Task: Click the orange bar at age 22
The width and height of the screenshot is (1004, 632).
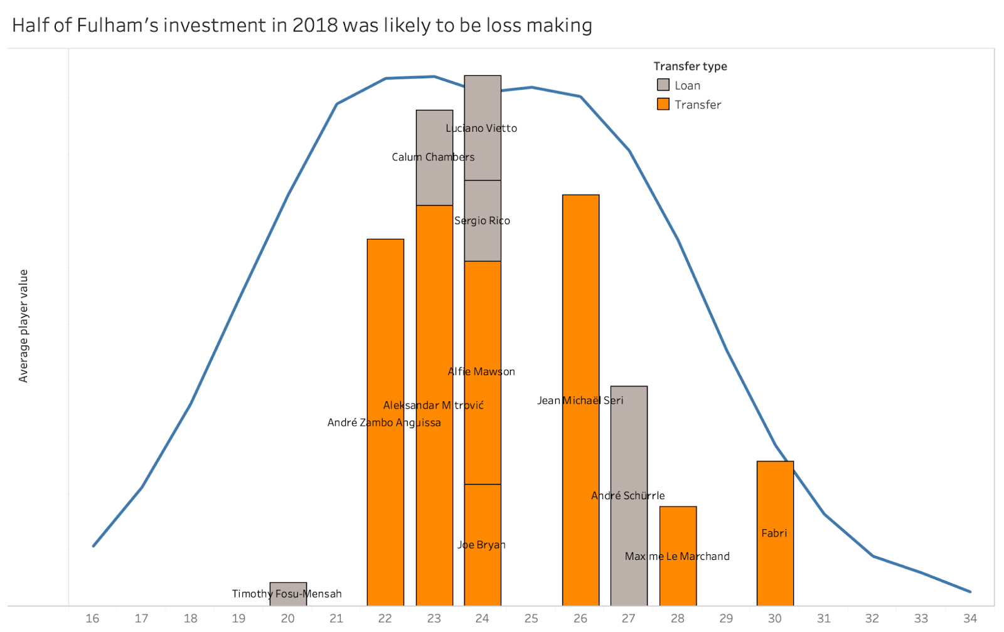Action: pos(385,326)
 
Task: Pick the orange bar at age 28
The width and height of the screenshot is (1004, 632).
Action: pos(678,527)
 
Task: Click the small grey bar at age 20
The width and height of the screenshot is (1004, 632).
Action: pos(288,587)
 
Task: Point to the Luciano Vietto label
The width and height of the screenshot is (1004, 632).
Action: pos(481,129)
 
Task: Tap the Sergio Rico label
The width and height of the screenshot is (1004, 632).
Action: pos(482,221)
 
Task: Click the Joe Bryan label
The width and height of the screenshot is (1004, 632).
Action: pos(481,545)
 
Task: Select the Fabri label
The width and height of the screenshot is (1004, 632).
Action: pos(774,534)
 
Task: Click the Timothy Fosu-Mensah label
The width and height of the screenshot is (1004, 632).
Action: pos(287,594)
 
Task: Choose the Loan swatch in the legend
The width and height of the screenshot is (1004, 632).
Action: pos(663,85)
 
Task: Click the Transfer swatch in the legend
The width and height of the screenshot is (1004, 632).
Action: pos(663,104)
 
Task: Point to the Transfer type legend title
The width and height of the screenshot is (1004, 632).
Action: pos(690,66)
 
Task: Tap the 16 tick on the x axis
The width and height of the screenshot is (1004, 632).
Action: pos(92,619)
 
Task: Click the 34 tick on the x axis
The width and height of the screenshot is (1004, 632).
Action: pos(970,619)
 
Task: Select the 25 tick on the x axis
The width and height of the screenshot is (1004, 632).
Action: pos(531,619)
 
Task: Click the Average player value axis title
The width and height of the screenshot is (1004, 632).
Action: pos(23,326)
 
